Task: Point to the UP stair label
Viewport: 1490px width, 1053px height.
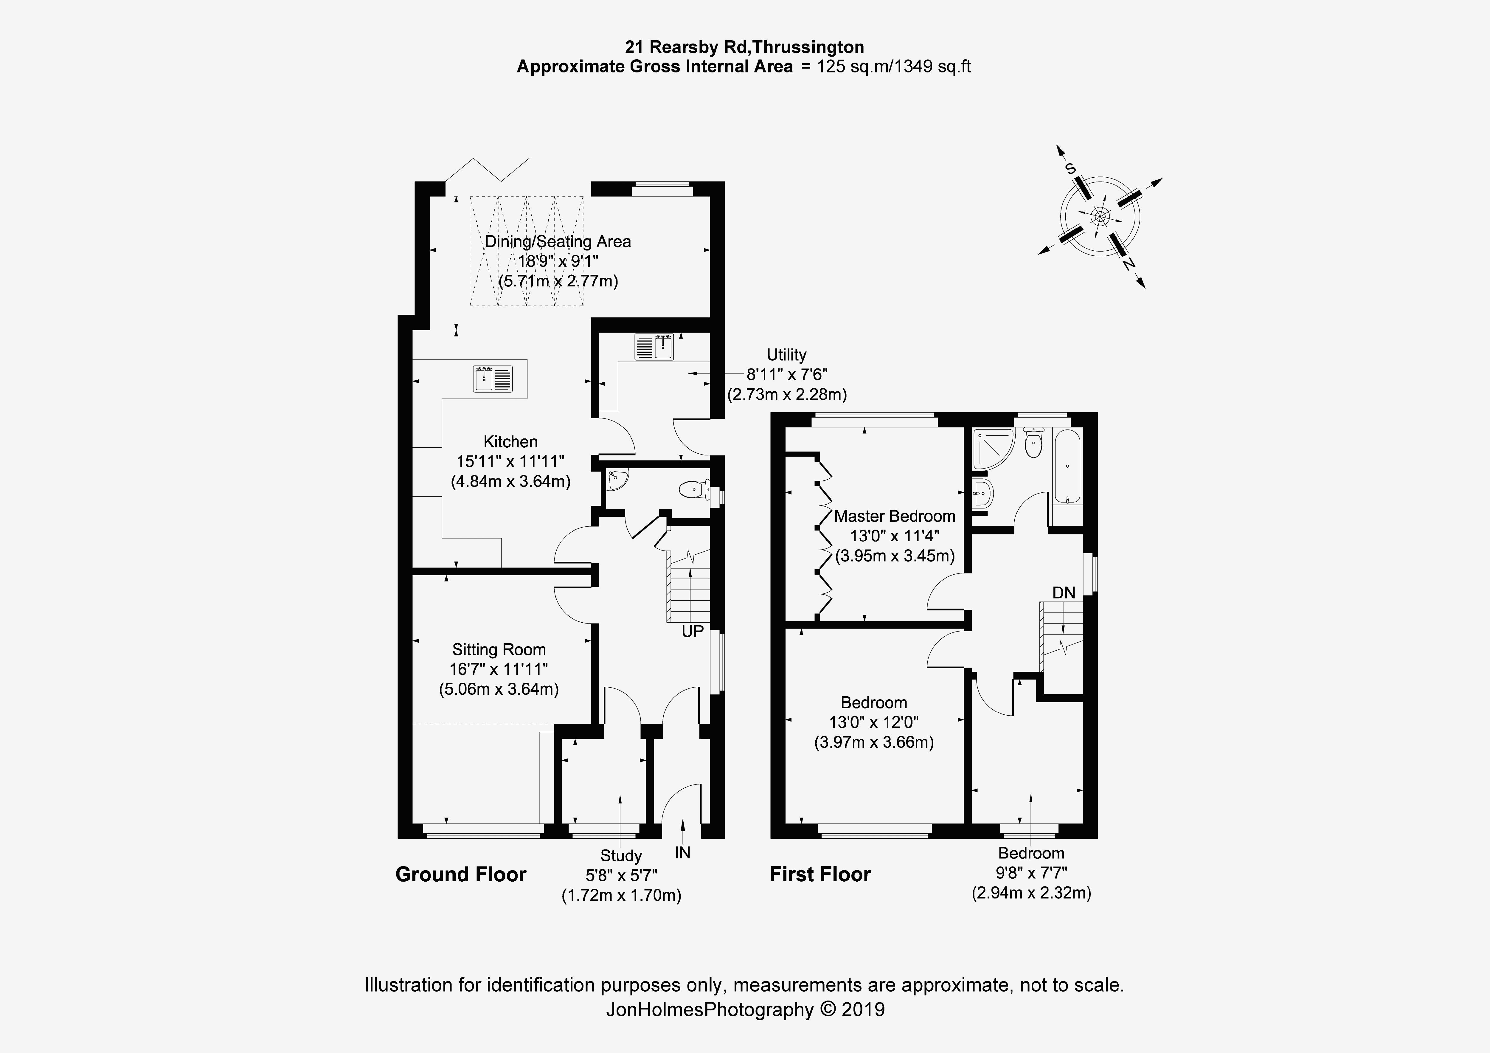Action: (693, 631)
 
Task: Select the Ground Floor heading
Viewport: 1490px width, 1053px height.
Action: (461, 874)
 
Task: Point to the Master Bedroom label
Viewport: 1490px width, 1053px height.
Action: (894, 516)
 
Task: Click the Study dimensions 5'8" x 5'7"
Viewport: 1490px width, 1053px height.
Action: (621, 876)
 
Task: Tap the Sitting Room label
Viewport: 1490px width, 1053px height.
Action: (498, 649)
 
